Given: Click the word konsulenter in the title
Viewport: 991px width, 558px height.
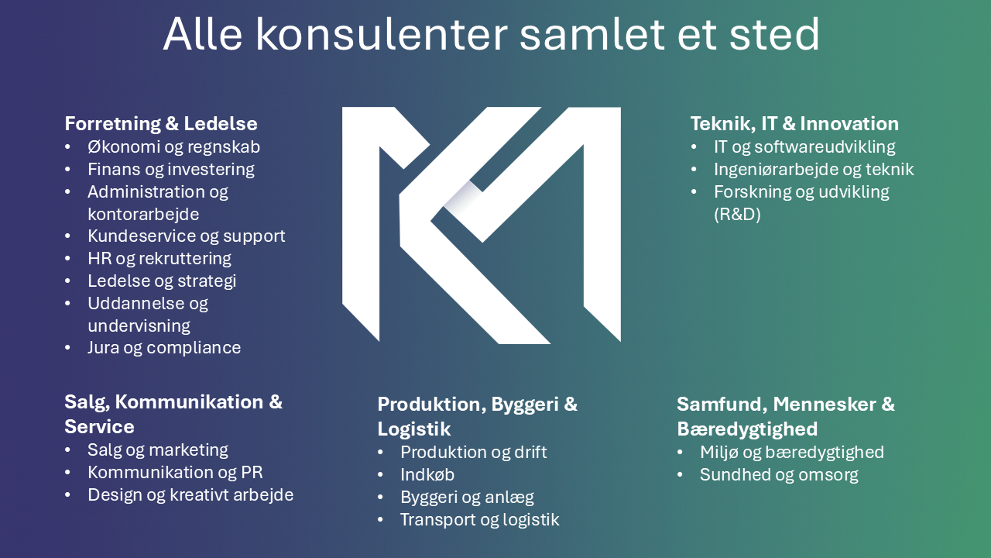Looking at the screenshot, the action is [382, 35].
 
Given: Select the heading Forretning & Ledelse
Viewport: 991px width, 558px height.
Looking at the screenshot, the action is [161, 123].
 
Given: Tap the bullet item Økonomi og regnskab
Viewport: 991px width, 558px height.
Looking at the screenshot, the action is [174, 147].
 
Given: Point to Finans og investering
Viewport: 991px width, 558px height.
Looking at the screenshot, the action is [171, 170].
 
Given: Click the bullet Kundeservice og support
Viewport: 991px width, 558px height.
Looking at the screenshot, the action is [187, 236].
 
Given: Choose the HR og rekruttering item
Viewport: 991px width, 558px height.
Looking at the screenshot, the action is [159, 259].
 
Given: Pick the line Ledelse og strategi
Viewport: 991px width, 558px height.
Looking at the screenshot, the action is [162, 281].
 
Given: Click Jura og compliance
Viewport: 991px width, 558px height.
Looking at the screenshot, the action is [164, 348].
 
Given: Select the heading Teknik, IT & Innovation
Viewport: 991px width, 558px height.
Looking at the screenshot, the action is [794, 124].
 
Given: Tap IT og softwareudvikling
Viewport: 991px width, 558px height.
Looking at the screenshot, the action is [804, 147].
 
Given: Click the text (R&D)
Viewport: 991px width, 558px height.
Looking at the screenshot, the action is [737, 215].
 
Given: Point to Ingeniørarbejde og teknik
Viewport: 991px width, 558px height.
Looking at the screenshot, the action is [814, 170].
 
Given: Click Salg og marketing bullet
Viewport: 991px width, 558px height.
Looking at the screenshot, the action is [158, 450].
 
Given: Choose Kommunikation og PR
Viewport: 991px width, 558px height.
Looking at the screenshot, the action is [175, 473].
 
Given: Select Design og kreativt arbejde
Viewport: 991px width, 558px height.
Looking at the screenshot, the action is [190, 495].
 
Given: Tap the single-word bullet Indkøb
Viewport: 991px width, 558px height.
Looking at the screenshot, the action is [427, 475].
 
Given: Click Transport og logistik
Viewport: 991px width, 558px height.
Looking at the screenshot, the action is [480, 520].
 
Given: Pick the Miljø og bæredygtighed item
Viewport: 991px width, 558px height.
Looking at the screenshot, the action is [792, 453].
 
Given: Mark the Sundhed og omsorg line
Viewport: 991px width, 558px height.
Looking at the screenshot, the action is [779, 475].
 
